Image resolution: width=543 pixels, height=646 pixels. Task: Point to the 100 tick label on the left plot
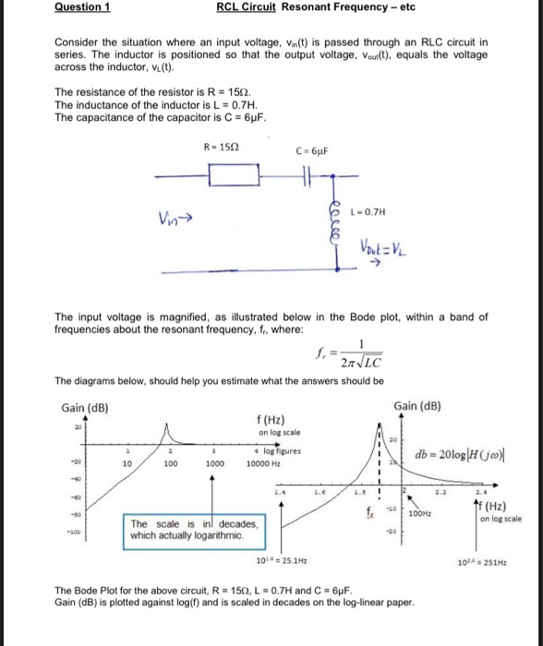point(172,465)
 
